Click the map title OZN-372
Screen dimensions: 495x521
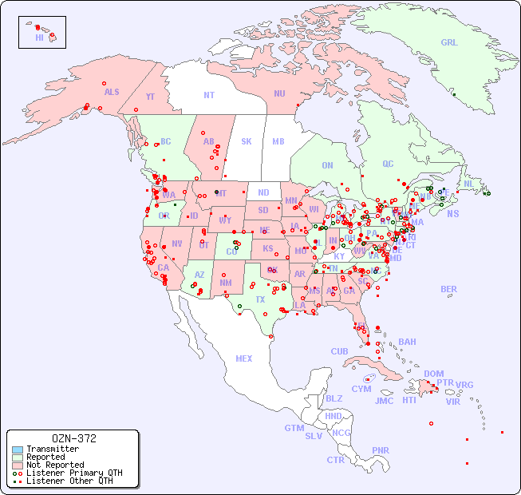(x=73, y=438)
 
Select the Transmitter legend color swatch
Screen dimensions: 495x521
(x=17, y=449)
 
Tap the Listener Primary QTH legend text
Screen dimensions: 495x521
(x=74, y=473)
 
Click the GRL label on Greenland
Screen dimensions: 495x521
(x=449, y=43)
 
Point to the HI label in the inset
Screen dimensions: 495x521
(x=39, y=38)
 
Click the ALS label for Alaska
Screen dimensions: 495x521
(x=112, y=92)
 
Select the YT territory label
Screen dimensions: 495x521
(x=150, y=97)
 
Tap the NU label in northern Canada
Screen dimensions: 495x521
(x=279, y=93)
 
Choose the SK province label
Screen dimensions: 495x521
(x=247, y=141)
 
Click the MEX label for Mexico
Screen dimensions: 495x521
(x=244, y=358)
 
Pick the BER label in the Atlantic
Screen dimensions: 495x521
(x=449, y=289)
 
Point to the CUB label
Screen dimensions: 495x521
(x=339, y=351)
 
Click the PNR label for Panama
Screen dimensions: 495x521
(x=381, y=450)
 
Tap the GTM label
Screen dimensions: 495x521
(x=294, y=428)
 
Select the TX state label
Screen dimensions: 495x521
(x=260, y=299)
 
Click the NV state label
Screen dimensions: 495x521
(x=176, y=244)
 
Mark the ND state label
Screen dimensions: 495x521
(x=263, y=192)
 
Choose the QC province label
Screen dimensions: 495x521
(x=388, y=164)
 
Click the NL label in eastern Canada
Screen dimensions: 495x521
(x=469, y=183)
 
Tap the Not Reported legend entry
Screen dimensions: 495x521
(x=54, y=465)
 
